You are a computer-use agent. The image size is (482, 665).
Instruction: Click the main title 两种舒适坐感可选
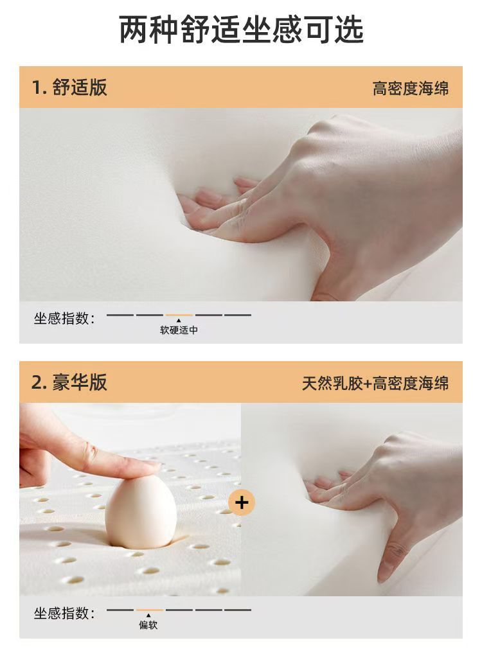[x=241, y=29]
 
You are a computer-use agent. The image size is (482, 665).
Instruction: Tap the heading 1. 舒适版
[x=69, y=87]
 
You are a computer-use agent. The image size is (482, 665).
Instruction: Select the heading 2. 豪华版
[x=69, y=382]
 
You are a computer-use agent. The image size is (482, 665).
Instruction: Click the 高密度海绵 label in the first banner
[x=410, y=88]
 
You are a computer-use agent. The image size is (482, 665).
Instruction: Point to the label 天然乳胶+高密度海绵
[x=375, y=383]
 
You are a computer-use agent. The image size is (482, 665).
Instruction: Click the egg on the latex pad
[x=141, y=512]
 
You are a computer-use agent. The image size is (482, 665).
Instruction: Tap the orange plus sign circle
[x=242, y=502]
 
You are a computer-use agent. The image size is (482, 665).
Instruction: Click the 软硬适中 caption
[x=179, y=330]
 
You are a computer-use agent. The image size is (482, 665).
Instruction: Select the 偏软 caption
[x=148, y=625]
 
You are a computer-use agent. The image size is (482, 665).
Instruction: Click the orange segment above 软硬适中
[x=179, y=315]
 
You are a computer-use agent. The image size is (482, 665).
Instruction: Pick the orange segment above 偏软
[x=149, y=610]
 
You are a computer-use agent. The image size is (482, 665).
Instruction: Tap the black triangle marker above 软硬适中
[x=179, y=320]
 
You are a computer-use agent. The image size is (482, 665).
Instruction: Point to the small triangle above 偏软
[x=148, y=615]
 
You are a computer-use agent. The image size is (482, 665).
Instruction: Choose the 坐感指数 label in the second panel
[x=64, y=612]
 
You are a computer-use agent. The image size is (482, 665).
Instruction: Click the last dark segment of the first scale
[x=238, y=315]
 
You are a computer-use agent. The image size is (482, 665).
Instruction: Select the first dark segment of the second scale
[x=120, y=610]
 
